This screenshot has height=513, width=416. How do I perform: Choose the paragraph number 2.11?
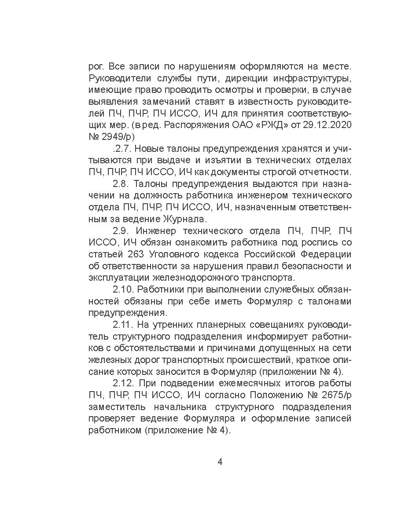click(x=123, y=325)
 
